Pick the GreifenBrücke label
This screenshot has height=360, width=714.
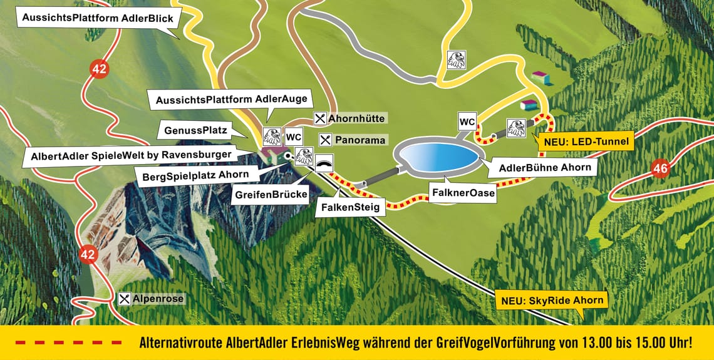(271, 195)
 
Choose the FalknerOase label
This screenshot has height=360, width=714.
(463, 193)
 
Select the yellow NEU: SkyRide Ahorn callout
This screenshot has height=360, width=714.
(552, 300)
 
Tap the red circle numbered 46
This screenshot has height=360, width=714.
(660, 168)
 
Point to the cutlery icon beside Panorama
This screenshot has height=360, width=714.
(326, 140)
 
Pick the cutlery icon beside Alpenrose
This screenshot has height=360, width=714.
(125, 299)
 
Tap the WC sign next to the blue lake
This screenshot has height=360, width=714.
(467, 121)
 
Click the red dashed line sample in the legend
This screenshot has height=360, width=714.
(69, 342)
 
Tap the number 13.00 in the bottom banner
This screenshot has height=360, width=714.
(569, 343)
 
